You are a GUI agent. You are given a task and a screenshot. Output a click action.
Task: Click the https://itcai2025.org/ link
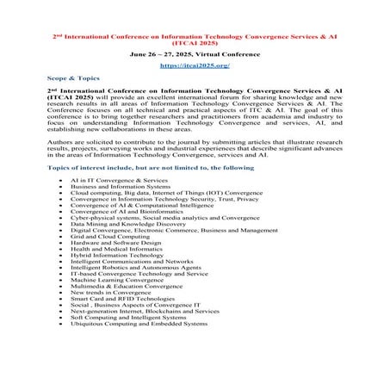[x=194, y=65]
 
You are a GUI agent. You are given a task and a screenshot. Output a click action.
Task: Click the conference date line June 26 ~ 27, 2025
[x=194, y=53]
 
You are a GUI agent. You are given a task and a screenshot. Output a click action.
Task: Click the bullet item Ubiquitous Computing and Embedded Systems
[x=139, y=324]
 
